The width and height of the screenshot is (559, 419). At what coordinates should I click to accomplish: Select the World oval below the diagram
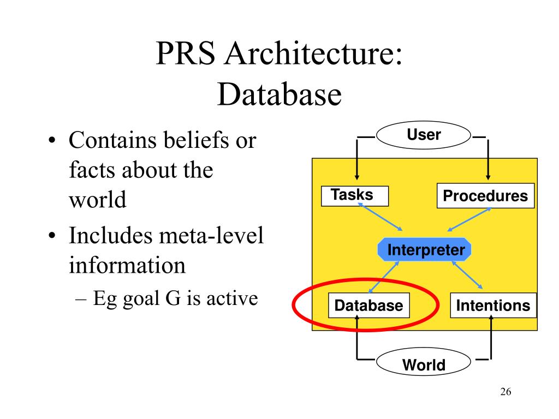(x=424, y=363)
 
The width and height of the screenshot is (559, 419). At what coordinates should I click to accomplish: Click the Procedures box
(x=485, y=196)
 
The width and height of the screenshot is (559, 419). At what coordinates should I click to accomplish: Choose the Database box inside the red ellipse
(x=368, y=306)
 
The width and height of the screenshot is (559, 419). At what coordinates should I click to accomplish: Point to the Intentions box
(x=492, y=306)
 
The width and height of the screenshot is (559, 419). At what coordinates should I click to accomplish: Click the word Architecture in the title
(x=314, y=56)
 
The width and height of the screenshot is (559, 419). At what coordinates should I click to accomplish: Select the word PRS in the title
(x=185, y=56)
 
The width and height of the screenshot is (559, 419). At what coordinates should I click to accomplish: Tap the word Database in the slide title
(x=279, y=95)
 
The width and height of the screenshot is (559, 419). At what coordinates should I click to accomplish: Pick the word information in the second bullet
(x=127, y=266)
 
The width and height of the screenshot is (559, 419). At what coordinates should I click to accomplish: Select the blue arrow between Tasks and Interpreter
(x=380, y=216)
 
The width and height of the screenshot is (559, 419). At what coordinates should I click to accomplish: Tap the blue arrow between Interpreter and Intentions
(x=467, y=275)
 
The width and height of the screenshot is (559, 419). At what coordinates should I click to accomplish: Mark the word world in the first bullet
(x=98, y=200)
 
